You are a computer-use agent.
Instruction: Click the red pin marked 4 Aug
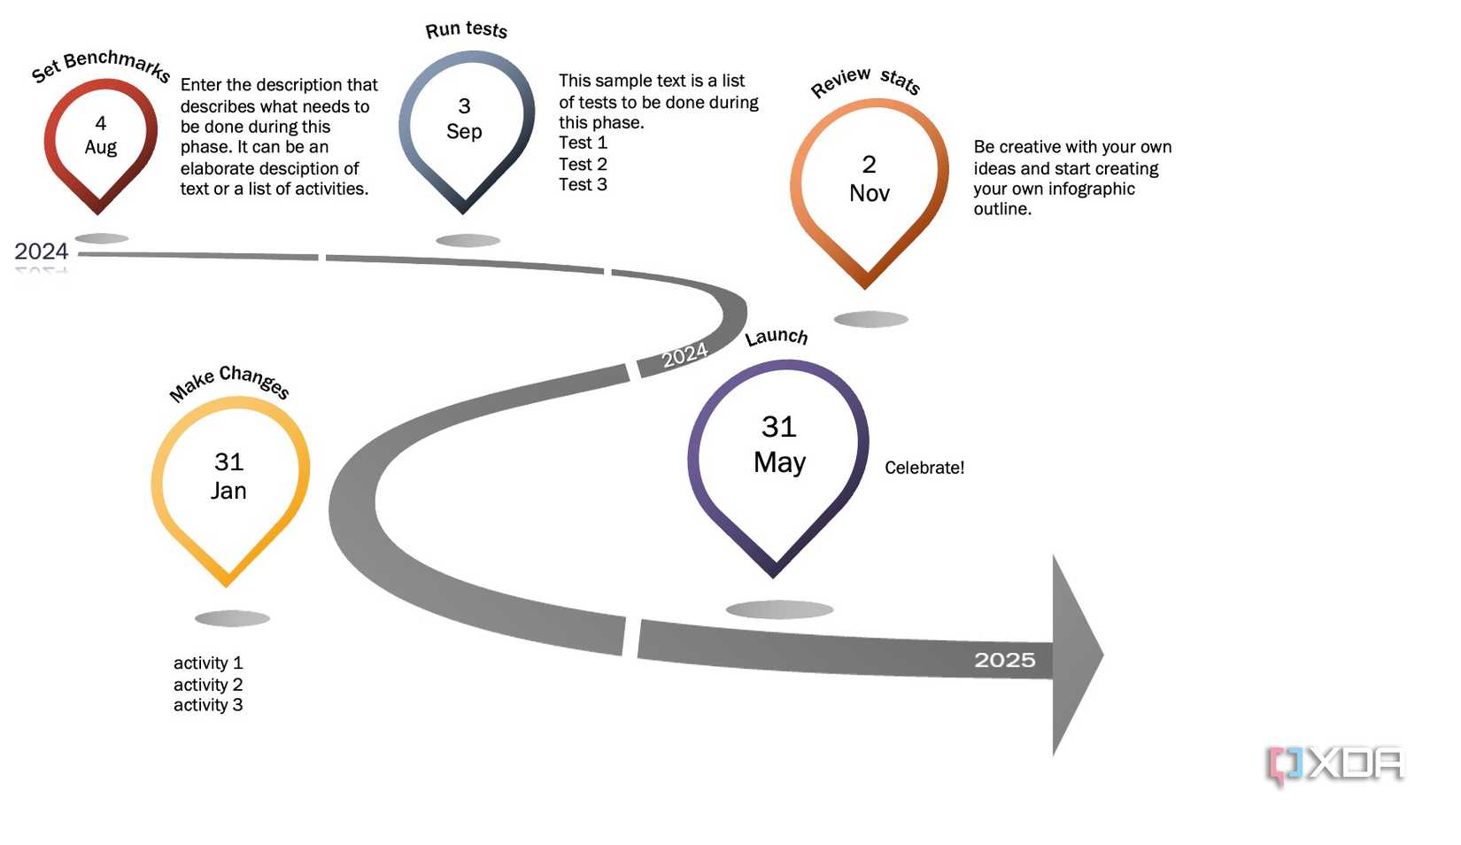tap(100, 136)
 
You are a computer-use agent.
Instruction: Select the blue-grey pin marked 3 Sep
tap(465, 120)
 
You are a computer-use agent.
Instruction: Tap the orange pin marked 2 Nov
tap(868, 180)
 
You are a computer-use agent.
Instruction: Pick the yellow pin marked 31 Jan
tap(229, 477)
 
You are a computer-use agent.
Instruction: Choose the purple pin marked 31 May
tap(778, 446)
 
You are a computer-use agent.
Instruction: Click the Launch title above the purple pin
tap(776, 337)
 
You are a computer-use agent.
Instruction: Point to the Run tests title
tap(466, 30)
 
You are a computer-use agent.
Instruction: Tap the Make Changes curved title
tap(229, 382)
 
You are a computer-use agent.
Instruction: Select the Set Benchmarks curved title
tap(100, 65)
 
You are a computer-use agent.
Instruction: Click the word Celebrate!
tap(924, 468)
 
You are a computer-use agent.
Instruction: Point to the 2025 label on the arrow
tap(1004, 660)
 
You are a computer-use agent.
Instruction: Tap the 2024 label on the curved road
tap(684, 355)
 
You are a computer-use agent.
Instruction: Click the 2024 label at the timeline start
tap(42, 252)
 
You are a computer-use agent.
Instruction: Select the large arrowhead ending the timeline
tap(1075, 655)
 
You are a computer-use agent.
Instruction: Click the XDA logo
tap(1336, 764)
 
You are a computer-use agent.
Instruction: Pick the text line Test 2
tap(583, 164)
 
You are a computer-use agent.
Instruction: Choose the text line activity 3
tap(208, 705)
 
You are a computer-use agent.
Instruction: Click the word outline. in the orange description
tap(1002, 209)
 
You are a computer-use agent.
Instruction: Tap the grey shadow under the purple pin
tap(779, 609)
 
